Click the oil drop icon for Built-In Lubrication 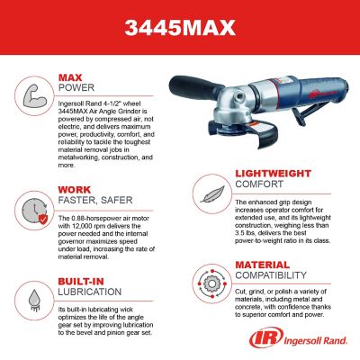(31, 298)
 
